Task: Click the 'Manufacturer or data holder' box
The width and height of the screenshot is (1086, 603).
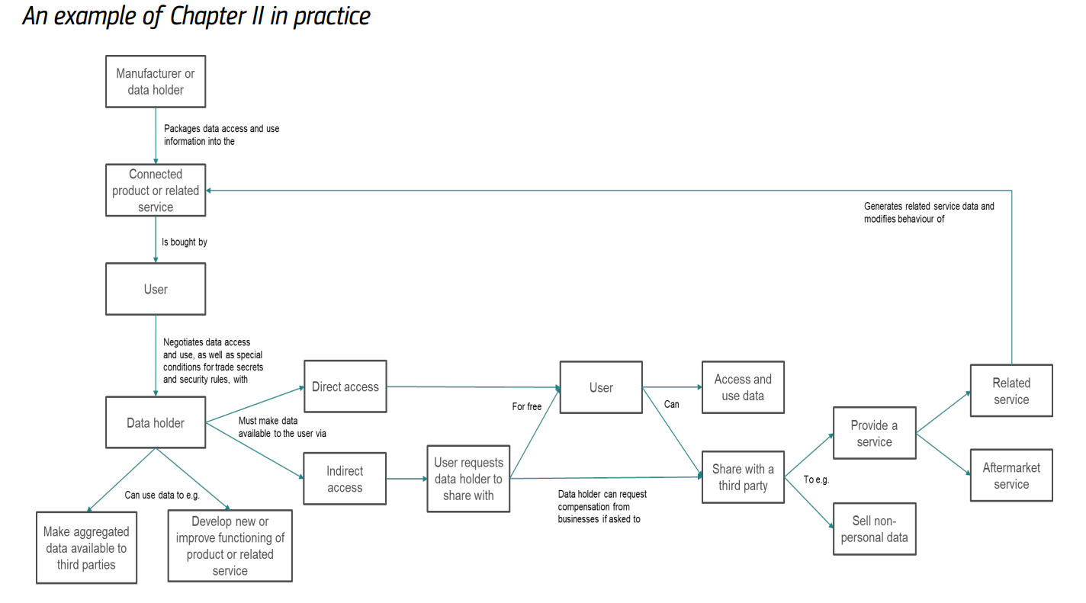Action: [x=155, y=82]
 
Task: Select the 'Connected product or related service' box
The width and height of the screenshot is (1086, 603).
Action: [x=155, y=191]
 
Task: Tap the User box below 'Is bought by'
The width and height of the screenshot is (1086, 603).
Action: [x=155, y=289]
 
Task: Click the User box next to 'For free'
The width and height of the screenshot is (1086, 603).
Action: [x=601, y=387]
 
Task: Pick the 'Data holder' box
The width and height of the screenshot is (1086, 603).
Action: [x=155, y=422]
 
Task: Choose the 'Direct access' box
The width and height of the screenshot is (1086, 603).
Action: [x=345, y=386]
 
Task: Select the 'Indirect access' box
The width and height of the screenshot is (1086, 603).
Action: [x=345, y=479]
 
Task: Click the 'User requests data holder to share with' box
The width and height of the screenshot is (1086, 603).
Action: [x=468, y=479]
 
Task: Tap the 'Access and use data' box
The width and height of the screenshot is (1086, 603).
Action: [x=743, y=387]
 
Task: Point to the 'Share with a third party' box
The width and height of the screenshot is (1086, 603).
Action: [x=743, y=477]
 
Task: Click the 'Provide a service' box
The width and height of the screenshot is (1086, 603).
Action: [x=874, y=433]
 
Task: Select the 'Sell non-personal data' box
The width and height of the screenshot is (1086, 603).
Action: [x=874, y=529]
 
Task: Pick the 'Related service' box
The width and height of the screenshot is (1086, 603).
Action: [x=1011, y=390]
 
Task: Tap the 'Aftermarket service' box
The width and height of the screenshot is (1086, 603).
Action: [x=1011, y=476]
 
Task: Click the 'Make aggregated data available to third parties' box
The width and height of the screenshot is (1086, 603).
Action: [x=86, y=548]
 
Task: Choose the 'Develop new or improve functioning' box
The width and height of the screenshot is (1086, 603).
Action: [x=230, y=546]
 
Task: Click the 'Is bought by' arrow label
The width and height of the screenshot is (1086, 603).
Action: [x=185, y=242]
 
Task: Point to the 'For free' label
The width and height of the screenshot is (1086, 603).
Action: [x=526, y=407]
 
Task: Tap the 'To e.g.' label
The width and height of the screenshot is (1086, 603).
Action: [x=816, y=480]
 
